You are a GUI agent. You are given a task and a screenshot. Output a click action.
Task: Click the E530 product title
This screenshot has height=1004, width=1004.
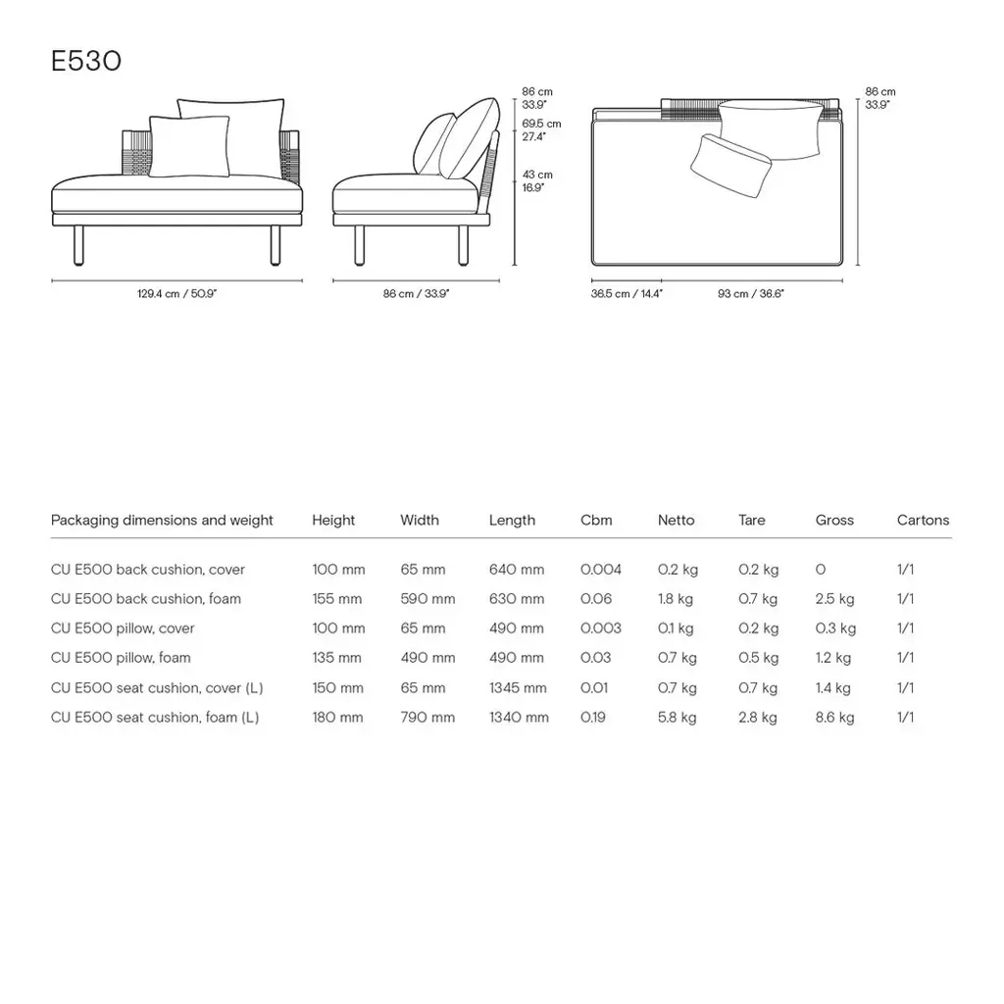(x=86, y=62)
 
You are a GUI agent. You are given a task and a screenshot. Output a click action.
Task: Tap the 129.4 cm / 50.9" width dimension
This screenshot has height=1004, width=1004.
(x=176, y=293)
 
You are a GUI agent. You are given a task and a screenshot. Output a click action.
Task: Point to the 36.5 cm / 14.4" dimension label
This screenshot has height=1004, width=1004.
(x=627, y=293)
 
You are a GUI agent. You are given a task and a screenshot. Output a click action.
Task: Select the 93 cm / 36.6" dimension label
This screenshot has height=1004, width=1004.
(x=750, y=293)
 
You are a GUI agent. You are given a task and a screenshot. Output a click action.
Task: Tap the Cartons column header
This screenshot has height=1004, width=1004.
(x=923, y=521)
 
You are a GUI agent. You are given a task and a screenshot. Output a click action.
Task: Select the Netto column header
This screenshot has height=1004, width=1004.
(x=676, y=521)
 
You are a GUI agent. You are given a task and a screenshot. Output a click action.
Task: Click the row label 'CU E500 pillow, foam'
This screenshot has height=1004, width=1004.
(x=121, y=658)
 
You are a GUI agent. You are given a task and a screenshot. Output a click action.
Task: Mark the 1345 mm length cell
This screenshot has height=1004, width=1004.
(x=518, y=687)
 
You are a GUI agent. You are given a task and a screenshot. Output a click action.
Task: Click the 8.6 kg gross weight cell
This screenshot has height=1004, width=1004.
(x=834, y=718)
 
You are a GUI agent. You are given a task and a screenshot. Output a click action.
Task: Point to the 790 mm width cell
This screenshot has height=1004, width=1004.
(x=427, y=718)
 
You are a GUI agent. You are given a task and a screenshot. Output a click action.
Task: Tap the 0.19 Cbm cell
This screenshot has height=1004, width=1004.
(x=593, y=718)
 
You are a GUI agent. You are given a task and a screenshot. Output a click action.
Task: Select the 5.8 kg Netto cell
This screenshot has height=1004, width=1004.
(x=677, y=718)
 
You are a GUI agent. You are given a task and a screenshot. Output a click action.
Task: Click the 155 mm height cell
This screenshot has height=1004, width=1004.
(x=337, y=599)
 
